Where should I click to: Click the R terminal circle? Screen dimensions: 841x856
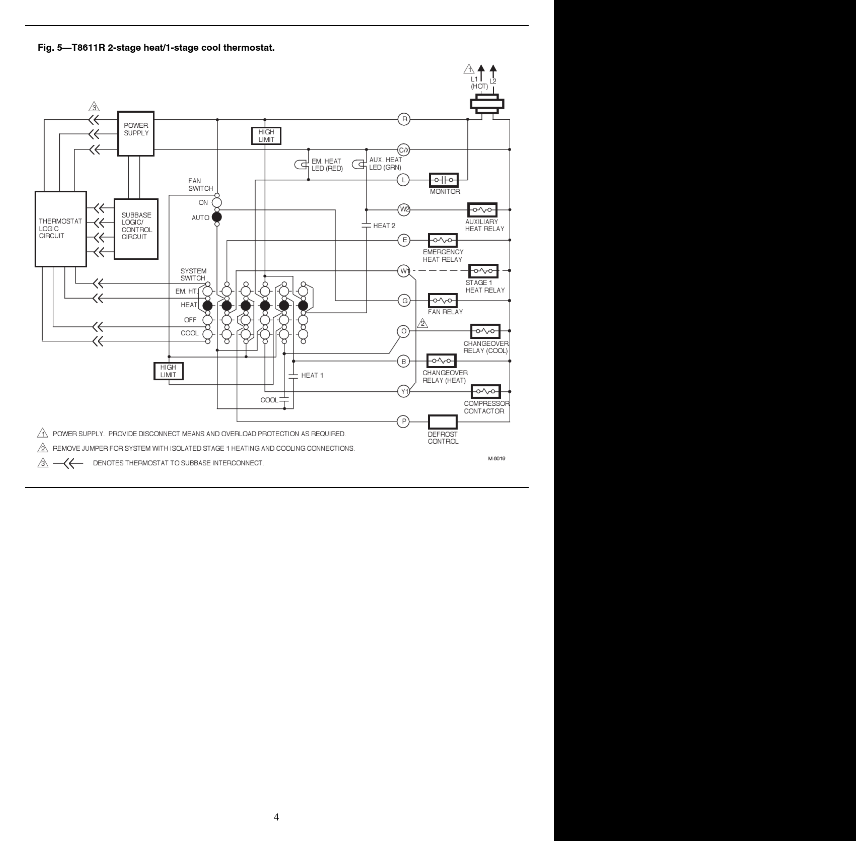(404, 119)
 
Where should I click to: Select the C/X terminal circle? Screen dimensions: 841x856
(404, 150)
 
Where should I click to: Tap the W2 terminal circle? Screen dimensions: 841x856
(404, 210)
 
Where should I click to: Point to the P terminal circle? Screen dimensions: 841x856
(403, 422)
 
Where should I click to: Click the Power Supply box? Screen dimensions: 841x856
(136, 133)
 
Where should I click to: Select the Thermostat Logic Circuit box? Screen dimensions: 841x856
(60, 229)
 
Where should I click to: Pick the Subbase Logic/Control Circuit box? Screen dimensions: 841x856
(136, 229)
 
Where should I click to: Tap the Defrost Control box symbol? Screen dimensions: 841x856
(443, 422)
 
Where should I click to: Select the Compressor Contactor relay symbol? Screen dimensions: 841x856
(485, 391)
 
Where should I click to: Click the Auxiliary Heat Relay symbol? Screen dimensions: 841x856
(482, 210)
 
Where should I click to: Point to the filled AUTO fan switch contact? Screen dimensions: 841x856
(217, 217)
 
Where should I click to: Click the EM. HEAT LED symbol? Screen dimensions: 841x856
(301, 165)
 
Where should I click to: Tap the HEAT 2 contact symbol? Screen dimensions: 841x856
(366, 225)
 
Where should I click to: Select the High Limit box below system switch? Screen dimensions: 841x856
(168, 371)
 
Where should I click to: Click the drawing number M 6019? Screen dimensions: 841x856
(496, 459)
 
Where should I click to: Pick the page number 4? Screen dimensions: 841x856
(276, 817)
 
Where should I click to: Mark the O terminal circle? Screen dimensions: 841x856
(403, 331)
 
